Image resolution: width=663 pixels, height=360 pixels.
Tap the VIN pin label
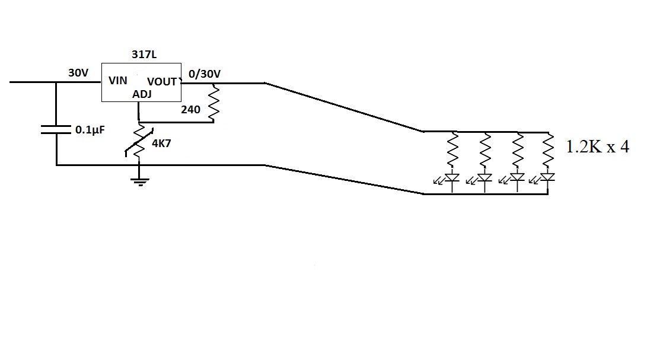tap(117, 81)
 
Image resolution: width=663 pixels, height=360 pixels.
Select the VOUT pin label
tap(162, 81)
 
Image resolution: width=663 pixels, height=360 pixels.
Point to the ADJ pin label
tap(142, 94)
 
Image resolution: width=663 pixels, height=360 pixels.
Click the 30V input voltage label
tap(78, 73)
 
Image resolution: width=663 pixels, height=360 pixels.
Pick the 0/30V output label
tap(205, 74)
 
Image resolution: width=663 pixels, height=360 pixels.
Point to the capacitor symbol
tap(56, 129)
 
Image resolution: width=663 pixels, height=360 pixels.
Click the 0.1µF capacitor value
tap(90, 129)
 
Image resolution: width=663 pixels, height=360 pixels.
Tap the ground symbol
tap(139, 180)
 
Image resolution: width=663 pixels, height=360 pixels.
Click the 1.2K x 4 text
tap(597, 147)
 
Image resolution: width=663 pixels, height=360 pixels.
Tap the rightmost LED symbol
tap(548, 179)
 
